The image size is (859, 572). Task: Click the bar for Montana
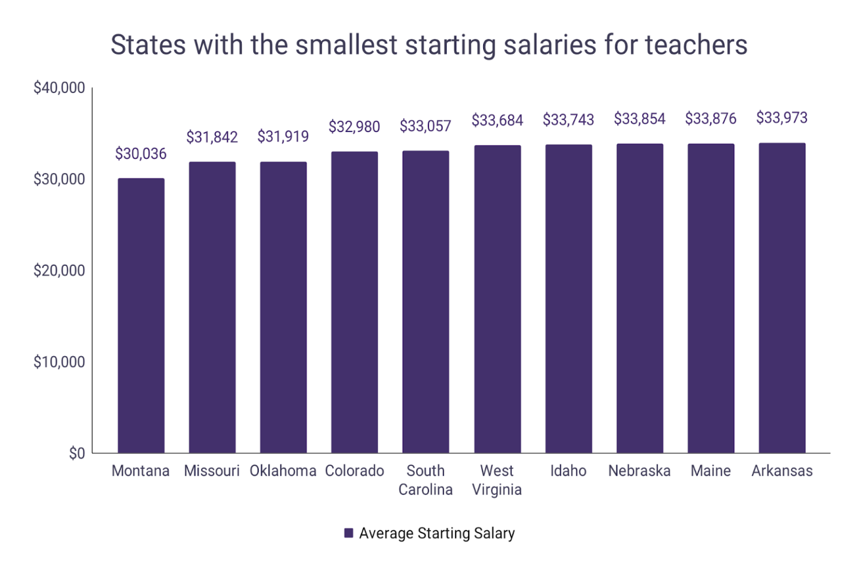(x=141, y=315)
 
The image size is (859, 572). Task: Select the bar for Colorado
(x=354, y=302)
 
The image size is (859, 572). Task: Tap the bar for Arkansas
(x=782, y=298)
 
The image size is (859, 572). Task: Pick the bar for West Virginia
(x=497, y=299)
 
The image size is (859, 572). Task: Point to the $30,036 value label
(x=141, y=154)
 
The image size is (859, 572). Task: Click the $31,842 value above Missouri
(x=212, y=137)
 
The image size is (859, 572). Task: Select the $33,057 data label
(x=425, y=126)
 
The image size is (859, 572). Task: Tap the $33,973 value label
(x=782, y=118)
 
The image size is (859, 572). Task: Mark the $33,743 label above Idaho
(x=568, y=120)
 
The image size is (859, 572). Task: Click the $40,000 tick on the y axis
(x=59, y=88)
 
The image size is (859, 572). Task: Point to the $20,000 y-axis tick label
(x=59, y=271)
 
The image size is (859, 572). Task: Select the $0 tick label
(x=77, y=453)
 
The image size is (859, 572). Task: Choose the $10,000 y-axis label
(x=59, y=362)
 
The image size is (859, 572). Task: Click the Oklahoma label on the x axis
(x=283, y=471)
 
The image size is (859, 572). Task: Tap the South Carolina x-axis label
(x=425, y=480)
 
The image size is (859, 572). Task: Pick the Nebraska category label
(x=639, y=471)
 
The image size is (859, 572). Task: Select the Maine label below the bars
(x=710, y=471)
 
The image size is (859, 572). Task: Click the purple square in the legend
(x=348, y=533)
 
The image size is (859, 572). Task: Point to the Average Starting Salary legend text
(x=437, y=533)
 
